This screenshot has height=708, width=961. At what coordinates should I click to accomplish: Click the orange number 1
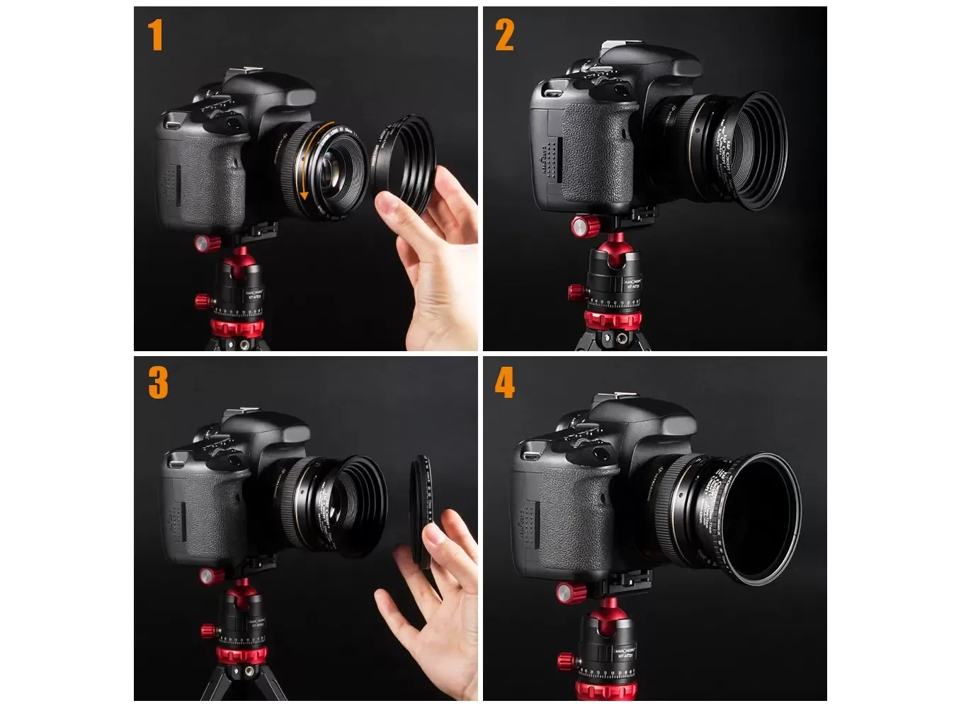click(x=156, y=35)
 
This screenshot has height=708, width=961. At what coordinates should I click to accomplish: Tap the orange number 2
click(x=504, y=35)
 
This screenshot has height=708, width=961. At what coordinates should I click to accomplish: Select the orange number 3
click(x=158, y=383)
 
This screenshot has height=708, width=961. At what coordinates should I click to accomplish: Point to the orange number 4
click(x=504, y=383)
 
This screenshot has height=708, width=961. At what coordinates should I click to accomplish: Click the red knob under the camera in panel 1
click(x=207, y=243)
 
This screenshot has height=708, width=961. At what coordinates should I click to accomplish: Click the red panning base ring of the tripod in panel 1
click(x=237, y=327)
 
